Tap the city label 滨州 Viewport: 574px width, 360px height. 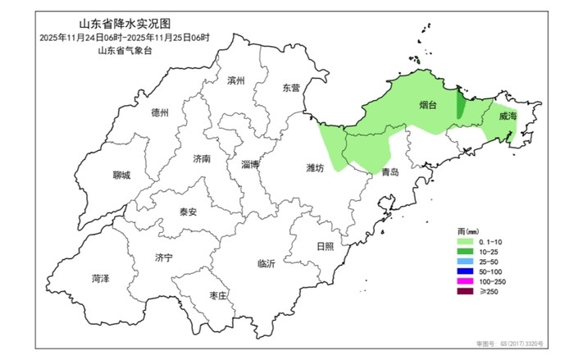236,80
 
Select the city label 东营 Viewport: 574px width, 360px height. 291,87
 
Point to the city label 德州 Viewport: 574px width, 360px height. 160,113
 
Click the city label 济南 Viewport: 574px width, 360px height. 201,157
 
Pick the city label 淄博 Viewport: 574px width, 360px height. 251,164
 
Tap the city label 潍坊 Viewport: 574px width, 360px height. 316,167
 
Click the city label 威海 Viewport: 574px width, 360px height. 508,117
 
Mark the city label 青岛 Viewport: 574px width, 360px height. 390,172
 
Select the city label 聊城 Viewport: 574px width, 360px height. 121,175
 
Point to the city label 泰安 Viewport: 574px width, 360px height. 189,212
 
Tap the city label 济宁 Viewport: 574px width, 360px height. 163,257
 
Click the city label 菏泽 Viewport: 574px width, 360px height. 101,279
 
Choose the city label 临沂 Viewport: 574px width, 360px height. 266,263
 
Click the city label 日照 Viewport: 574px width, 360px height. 325,246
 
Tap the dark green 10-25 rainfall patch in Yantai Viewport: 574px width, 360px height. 459,107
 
